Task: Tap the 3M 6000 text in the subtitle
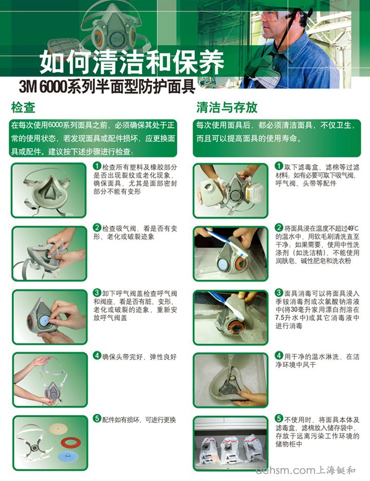(x=40, y=85)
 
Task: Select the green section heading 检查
(x=23, y=107)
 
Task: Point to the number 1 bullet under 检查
(x=97, y=166)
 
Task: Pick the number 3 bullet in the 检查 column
(x=97, y=292)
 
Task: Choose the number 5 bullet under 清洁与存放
(x=279, y=418)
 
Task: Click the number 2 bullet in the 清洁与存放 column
(x=279, y=227)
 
